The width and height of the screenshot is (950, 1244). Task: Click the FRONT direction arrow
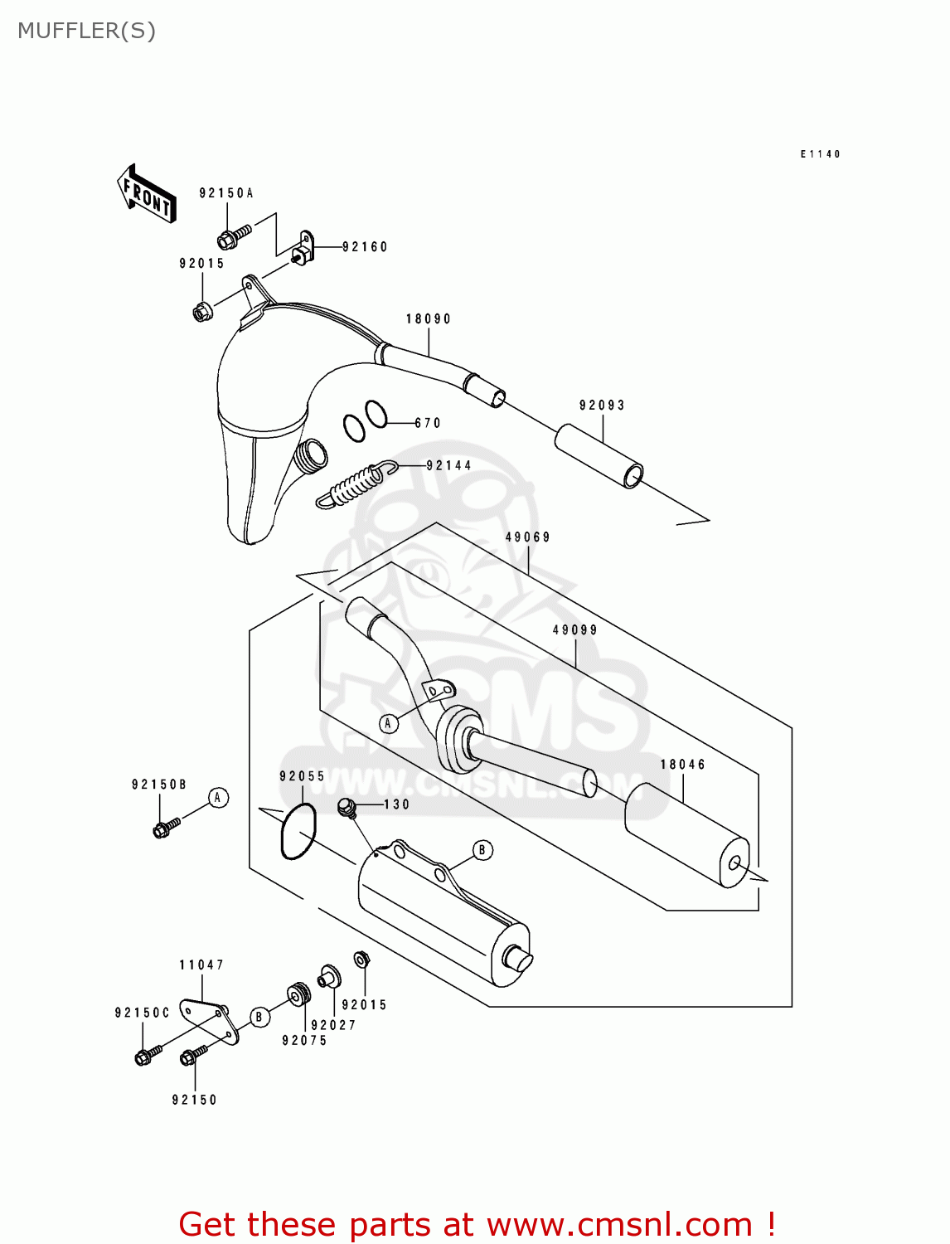(146, 193)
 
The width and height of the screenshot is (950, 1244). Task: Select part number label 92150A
(226, 193)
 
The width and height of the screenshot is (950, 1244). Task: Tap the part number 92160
(365, 247)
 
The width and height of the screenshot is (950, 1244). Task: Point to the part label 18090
(429, 319)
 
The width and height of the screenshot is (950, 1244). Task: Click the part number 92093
(602, 406)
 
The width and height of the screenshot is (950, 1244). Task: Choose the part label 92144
(449, 466)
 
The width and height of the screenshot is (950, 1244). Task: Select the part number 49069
(528, 537)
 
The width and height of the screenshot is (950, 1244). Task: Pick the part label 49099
(575, 630)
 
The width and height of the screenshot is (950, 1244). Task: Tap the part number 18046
(683, 765)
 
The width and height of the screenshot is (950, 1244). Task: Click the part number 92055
(303, 777)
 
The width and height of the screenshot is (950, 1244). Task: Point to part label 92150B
(159, 785)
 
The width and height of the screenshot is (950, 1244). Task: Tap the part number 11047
(201, 965)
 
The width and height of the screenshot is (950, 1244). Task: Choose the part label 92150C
(143, 1013)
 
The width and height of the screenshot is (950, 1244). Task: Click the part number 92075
(304, 1041)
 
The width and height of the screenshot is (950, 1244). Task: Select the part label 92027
(333, 1026)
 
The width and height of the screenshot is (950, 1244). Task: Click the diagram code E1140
(820, 154)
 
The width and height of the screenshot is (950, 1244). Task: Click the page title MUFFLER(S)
(86, 31)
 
